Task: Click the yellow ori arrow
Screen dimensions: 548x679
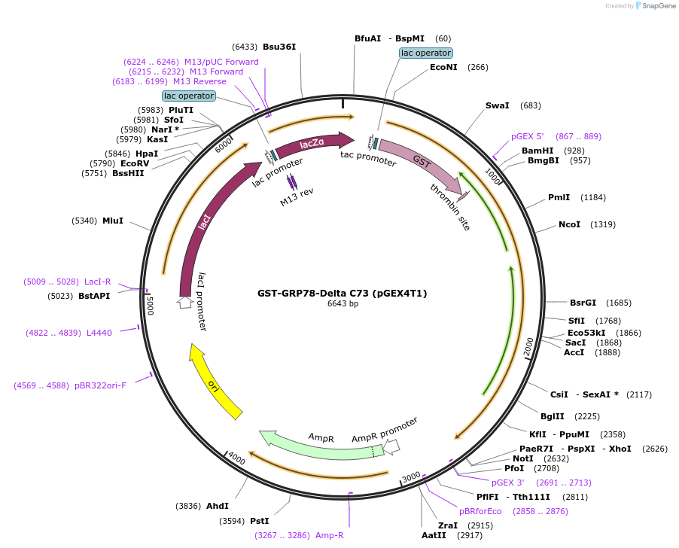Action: click(215, 382)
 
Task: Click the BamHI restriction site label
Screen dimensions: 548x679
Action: click(537, 151)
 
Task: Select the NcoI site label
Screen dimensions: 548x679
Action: click(569, 224)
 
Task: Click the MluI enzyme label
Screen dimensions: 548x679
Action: click(113, 221)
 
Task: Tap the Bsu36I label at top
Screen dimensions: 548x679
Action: click(279, 47)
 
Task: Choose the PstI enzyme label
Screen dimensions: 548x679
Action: click(259, 521)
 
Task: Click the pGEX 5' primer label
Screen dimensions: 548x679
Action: click(527, 136)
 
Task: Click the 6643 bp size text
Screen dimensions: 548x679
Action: click(343, 304)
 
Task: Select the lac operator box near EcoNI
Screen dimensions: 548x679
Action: click(426, 53)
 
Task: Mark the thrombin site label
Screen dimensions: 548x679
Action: click(450, 206)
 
